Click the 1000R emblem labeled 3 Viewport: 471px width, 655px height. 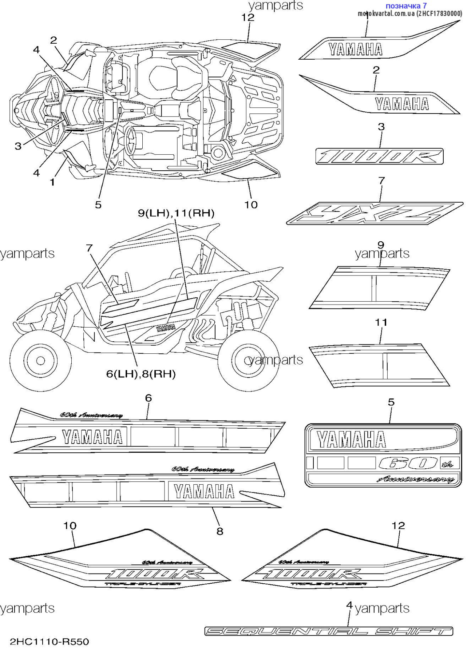[379, 156]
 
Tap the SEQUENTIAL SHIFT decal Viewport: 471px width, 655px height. [329, 631]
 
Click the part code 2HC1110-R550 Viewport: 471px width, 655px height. [50, 641]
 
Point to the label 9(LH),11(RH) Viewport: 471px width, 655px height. [176, 213]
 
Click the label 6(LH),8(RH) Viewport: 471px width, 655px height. [141, 374]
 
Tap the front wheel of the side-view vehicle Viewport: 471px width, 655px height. [40, 361]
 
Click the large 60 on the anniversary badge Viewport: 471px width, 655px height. [408, 463]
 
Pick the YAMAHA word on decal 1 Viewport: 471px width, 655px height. [356, 49]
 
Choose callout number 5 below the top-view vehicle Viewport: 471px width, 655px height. [98, 205]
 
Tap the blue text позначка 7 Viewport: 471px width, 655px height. [406, 5]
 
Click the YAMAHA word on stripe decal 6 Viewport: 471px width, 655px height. [92, 437]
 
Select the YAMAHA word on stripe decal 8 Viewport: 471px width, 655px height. [204, 492]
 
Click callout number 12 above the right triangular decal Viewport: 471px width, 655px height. [398, 525]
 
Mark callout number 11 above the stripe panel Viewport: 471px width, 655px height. [381, 322]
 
